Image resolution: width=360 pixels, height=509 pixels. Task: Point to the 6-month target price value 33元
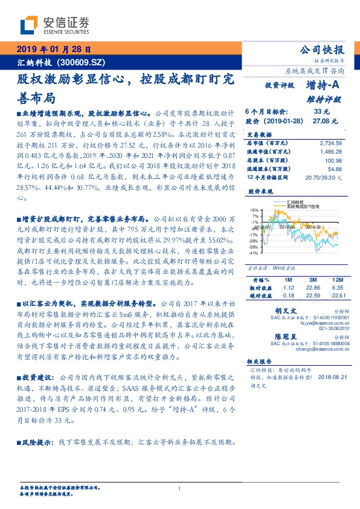click(321, 111)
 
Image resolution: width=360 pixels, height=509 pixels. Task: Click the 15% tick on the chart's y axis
click(254, 210)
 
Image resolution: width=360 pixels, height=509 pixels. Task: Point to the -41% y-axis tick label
click(254, 253)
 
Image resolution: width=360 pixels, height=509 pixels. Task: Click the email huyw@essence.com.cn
click(324, 324)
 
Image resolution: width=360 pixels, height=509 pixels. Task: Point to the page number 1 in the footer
click(180, 489)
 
